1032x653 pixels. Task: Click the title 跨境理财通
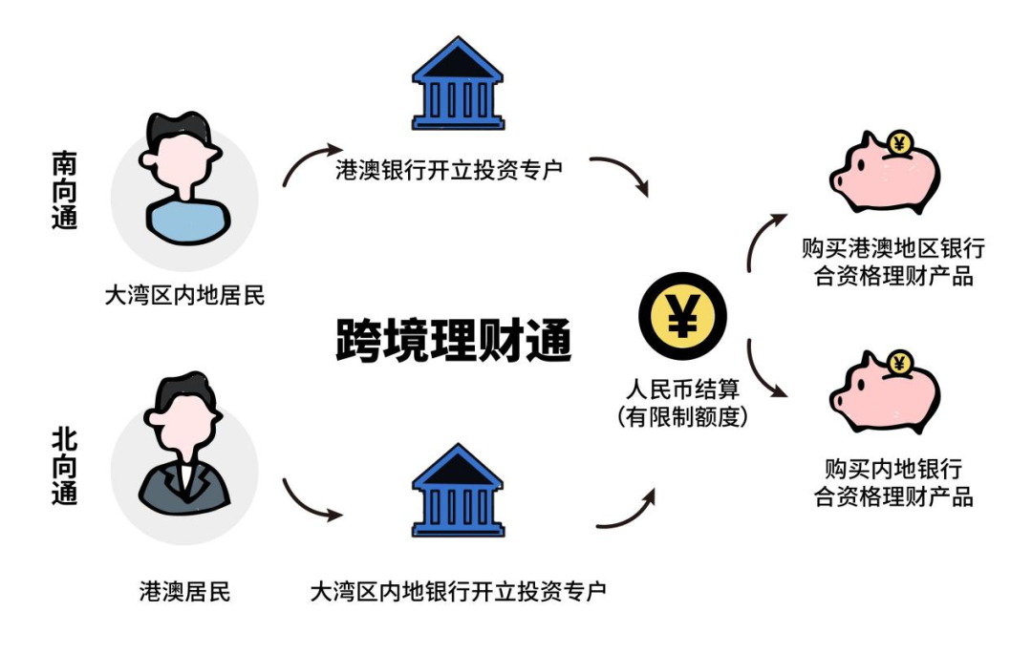454,341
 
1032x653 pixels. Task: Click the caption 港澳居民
184,592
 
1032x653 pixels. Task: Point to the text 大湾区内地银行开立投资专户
458,592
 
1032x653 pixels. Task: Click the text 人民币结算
682,390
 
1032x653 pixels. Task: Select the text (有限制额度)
682,416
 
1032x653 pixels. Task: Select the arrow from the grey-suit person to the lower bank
312,501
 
